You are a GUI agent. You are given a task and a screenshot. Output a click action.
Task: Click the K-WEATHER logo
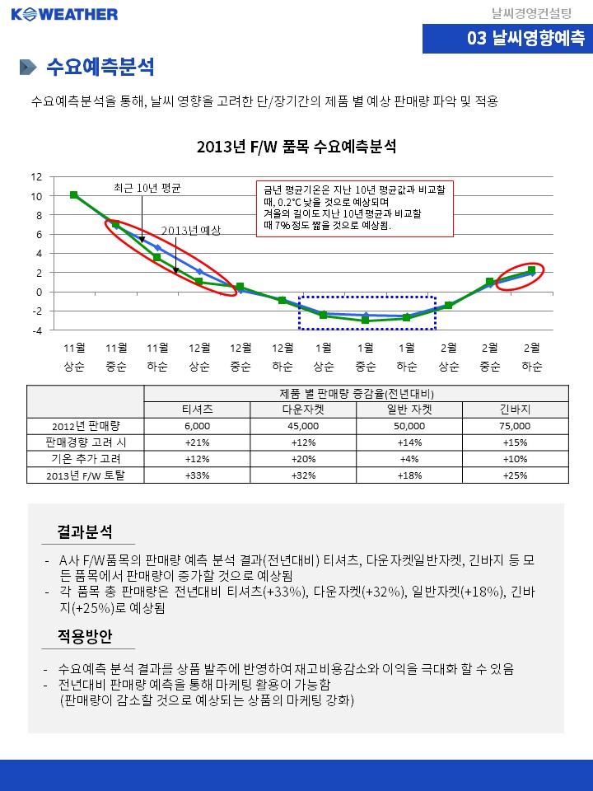[x=64, y=14]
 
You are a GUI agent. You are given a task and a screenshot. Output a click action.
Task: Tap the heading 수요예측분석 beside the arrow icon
[x=100, y=67]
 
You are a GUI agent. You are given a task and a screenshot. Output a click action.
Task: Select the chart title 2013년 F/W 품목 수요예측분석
[x=296, y=147]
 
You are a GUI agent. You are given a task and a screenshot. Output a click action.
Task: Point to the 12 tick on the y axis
[x=35, y=177]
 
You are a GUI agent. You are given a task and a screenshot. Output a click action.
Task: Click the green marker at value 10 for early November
[x=74, y=195]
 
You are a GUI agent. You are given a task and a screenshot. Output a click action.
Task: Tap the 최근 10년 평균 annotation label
[x=147, y=188]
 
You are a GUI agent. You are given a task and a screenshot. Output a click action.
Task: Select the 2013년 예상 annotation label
[x=191, y=231]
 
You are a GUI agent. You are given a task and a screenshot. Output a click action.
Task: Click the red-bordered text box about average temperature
[x=354, y=208]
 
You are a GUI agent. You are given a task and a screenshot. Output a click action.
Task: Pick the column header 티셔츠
[x=198, y=409]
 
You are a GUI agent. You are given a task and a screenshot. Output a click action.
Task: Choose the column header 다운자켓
[x=303, y=409]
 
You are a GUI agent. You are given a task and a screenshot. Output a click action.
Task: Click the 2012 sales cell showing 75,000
[x=515, y=426]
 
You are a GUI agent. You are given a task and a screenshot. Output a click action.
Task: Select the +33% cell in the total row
[x=198, y=475]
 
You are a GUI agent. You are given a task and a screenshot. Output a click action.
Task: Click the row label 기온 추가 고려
[x=86, y=458]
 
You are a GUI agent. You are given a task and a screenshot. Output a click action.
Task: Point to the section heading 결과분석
[x=85, y=531]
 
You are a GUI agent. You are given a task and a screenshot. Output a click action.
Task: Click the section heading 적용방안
[x=85, y=636]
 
